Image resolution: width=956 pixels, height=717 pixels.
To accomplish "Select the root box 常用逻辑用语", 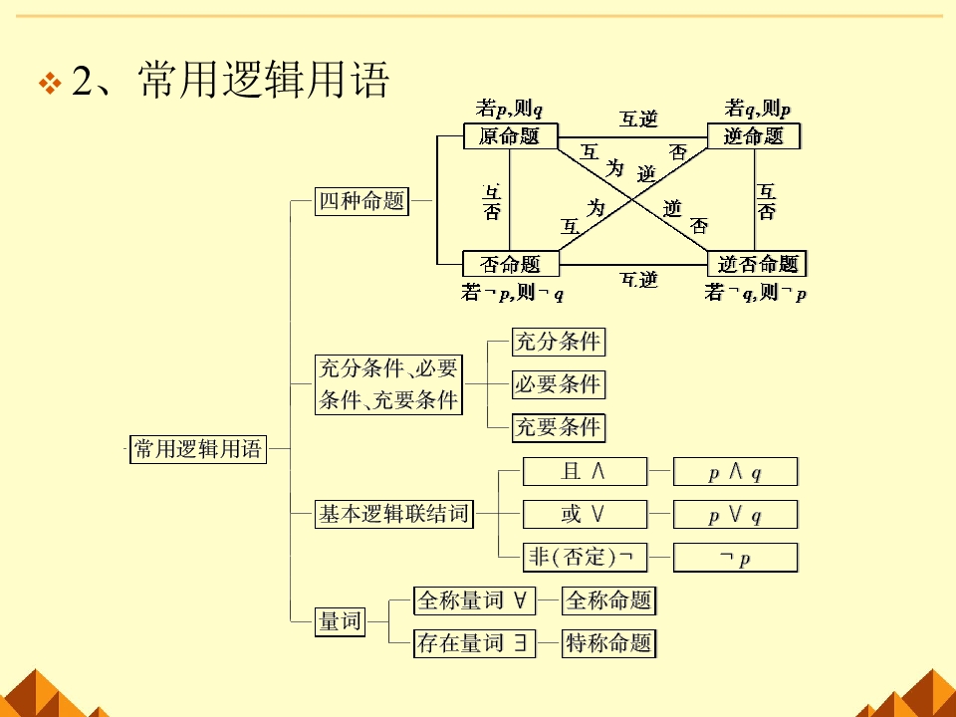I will coord(198,449).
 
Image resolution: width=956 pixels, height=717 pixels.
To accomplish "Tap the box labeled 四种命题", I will coord(360,201).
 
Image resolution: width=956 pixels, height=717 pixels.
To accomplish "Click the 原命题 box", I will coord(509,136).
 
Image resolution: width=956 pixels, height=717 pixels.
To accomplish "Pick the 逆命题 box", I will coord(754,136).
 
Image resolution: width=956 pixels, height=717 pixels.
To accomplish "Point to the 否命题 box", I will coord(510,264).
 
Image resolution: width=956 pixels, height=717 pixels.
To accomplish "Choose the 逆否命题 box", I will coord(758,264).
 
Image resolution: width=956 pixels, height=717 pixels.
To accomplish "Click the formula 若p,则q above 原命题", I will coord(509,109).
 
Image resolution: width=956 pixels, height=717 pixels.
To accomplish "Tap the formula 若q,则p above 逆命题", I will coord(758,109).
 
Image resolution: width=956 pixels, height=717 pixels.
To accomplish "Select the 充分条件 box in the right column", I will coord(558,342).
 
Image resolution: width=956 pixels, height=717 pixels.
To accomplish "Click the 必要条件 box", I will coord(558,384).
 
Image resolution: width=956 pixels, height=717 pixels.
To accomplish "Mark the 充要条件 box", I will coord(558,428).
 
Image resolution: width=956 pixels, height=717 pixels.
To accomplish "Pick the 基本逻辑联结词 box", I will coord(392,515).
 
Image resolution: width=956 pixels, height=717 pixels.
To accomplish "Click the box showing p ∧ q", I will coord(735,472).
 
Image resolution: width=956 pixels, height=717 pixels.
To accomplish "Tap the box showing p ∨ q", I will coord(735,515).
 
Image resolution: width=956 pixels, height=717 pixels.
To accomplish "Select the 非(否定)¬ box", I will coord(585,558).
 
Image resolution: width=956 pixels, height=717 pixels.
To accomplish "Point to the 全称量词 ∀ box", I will coord(474,600).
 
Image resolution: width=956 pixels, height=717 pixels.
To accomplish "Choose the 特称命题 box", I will coord(608,643).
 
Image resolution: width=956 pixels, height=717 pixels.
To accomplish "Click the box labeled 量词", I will coord(340,622).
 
